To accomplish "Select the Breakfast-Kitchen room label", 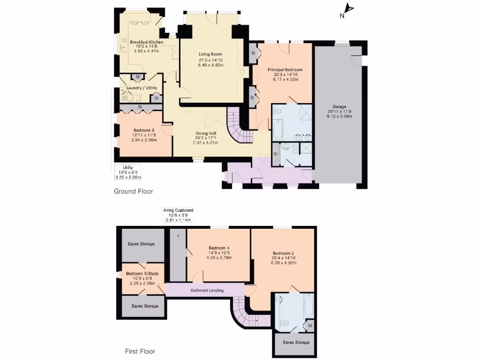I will (x=147, y=42).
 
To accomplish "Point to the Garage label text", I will (x=339, y=106).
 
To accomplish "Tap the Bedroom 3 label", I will (x=144, y=130).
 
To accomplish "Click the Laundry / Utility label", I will (x=139, y=88).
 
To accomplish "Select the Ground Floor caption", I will (x=134, y=191).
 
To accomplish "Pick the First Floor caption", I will (x=140, y=351).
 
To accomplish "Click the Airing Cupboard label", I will (x=178, y=210).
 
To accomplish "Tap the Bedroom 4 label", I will (x=218, y=247).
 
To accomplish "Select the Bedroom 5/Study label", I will (x=141, y=273).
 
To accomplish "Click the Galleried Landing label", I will (x=207, y=290).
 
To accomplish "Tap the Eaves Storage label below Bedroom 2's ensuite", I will (x=296, y=342).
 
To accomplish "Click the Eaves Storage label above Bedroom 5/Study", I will (x=141, y=244).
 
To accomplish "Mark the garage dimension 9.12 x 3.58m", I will (x=339, y=116).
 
